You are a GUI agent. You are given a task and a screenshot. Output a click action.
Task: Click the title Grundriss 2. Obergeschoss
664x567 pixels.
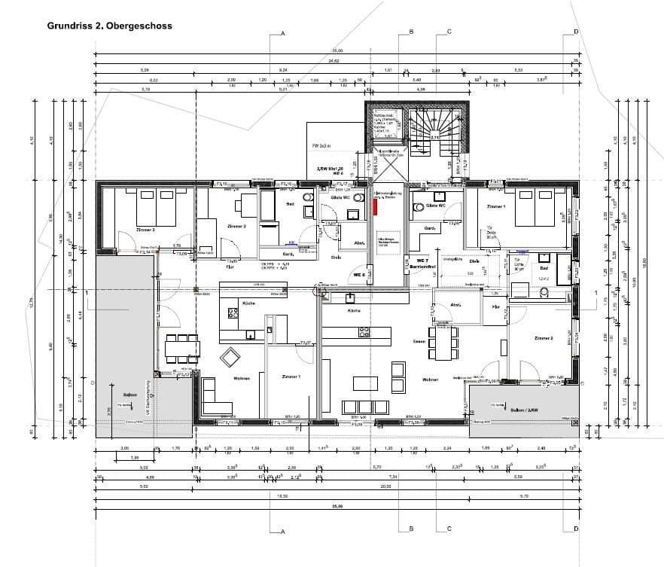coord(110,26)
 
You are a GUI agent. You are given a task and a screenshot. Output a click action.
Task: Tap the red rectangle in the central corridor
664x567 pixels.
coord(375,205)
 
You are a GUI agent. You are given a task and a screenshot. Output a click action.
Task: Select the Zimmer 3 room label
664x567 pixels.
coord(145,230)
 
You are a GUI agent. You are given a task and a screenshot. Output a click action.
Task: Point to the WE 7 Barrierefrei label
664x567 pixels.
coord(420,264)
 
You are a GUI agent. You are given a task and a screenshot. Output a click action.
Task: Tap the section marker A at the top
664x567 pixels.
coord(282,34)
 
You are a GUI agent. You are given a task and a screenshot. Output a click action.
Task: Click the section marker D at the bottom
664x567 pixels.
coord(575,529)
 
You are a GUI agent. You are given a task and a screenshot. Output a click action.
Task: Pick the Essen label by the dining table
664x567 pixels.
coord(420,341)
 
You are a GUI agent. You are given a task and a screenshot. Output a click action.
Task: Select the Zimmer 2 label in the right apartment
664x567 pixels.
coord(543,338)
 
